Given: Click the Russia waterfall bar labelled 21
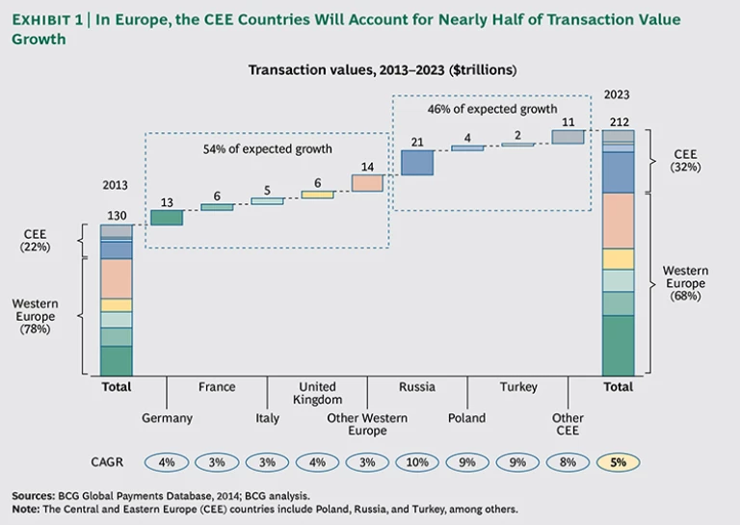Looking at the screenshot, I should [x=417, y=164].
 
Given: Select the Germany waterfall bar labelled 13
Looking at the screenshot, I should [x=167, y=218].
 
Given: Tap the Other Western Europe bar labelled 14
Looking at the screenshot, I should [x=367, y=182].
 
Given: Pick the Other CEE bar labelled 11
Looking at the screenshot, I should [x=568, y=137].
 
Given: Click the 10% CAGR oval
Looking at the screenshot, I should [x=417, y=462].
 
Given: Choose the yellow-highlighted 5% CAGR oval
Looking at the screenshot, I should [x=618, y=462].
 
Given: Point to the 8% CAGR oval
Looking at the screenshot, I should [x=568, y=462].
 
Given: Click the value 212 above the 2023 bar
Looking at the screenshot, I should [x=618, y=121].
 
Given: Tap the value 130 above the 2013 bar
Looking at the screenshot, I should [x=116, y=217].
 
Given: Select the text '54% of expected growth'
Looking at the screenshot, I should [x=267, y=149].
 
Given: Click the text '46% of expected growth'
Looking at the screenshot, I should [x=492, y=110].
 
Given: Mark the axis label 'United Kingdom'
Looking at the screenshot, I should [x=317, y=393].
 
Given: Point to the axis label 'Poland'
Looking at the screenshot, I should [x=467, y=418].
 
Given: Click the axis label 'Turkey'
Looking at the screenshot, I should [x=517, y=387].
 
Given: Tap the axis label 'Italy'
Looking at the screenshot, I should [x=267, y=418].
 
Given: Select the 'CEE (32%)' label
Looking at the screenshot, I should [x=686, y=160].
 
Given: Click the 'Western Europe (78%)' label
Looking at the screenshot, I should [x=35, y=316].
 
